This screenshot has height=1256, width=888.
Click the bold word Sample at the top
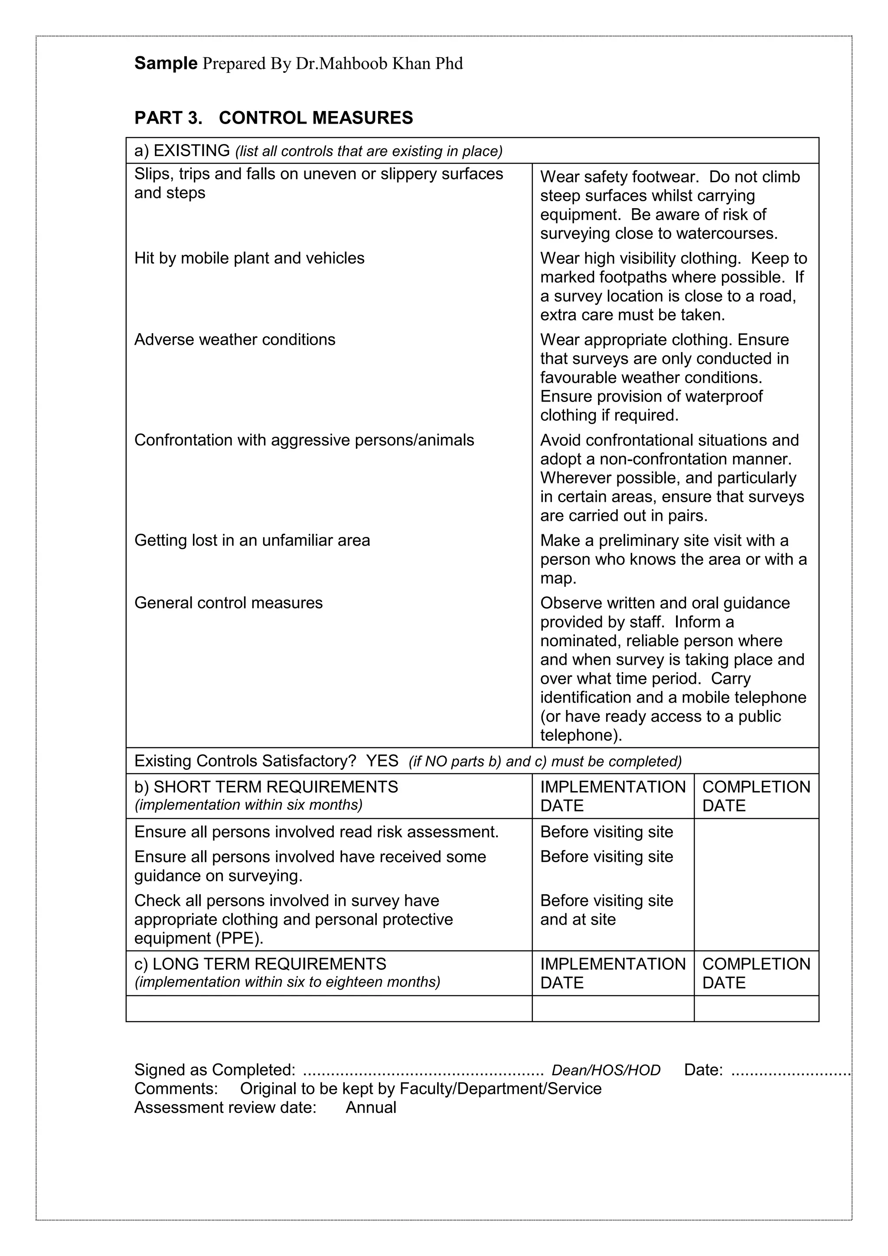(x=166, y=63)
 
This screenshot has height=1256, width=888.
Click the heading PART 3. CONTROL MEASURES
(x=274, y=118)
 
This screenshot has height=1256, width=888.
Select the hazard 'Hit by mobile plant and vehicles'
(x=249, y=258)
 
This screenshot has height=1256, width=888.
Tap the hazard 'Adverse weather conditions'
(x=235, y=340)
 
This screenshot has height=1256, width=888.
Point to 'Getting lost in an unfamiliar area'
(x=252, y=540)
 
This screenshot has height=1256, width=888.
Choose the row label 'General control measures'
(x=229, y=603)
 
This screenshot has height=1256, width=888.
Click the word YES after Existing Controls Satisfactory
(x=382, y=761)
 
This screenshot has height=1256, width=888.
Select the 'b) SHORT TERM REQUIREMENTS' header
(x=266, y=787)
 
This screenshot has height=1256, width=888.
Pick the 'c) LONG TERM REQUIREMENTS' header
(x=260, y=964)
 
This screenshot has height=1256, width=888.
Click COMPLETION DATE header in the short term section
(x=756, y=796)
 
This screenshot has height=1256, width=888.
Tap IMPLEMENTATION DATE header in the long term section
(x=612, y=973)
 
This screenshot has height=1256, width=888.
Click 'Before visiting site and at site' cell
(x=607, y=910)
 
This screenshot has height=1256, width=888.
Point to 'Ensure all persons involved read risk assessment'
(x=316, y=832)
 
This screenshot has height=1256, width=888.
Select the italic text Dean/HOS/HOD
(x=606, y=1070)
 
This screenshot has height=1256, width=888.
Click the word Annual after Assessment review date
(x=371, y=1108)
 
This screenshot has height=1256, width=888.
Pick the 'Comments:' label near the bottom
(x=176, y=1089)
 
